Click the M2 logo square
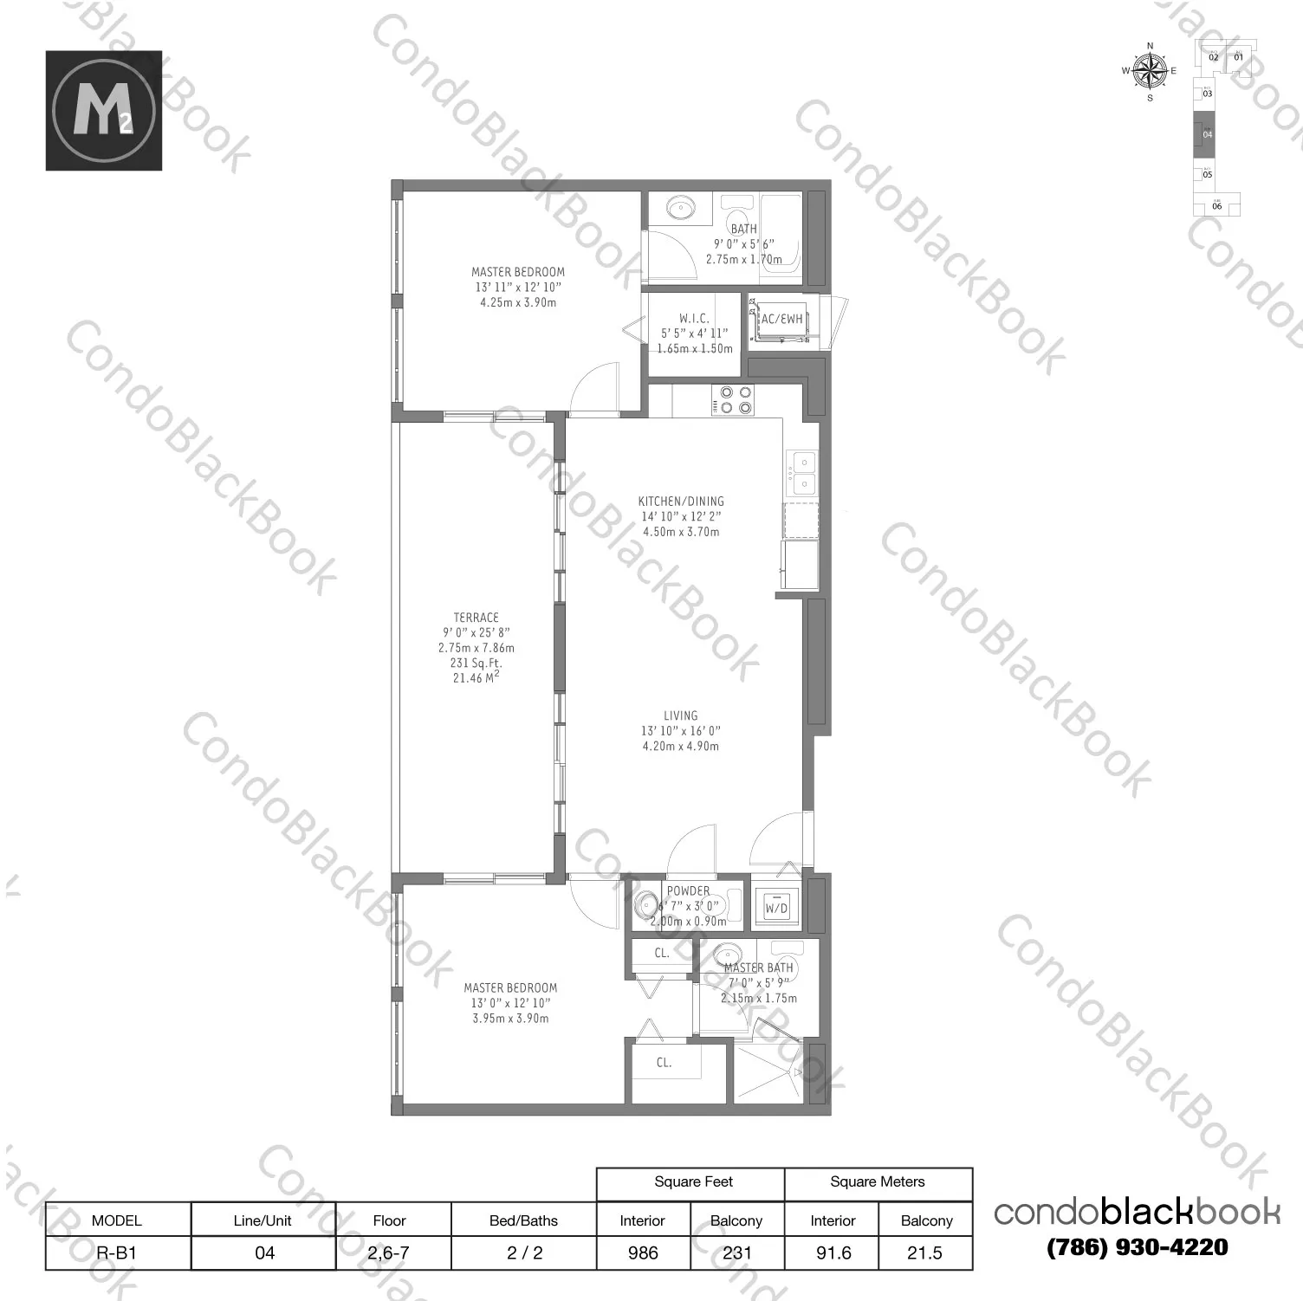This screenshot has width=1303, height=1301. tap(104, 110)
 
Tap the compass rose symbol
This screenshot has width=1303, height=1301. tap(1150, 71)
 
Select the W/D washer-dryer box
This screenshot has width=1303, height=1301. tap(776, 906)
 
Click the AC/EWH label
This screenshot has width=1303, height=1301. tap(781, 320)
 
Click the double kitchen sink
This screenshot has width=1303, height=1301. tap(802, 473)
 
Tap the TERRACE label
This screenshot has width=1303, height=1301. tap(476, 618)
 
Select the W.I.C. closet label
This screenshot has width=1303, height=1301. tap(694, 319)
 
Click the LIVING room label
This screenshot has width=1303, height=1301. tap(680, 715)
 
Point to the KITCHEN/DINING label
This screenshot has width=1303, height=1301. tap(681, 501)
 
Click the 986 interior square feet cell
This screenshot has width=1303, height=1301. tap(643, 1252)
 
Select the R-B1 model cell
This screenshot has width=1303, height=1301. tap(117, 1252)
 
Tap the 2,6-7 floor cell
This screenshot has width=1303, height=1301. tap(389, 1252)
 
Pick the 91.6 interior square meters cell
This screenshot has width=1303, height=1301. tap(833, 1252)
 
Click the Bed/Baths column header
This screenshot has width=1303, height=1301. tap(523, 1220)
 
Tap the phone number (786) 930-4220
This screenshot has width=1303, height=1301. tap(1137, 1247)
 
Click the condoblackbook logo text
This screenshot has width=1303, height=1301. tap(1137, 1211)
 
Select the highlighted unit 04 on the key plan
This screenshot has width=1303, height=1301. tap(1207, 135)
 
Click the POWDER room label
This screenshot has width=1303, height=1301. tap(688, 890)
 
